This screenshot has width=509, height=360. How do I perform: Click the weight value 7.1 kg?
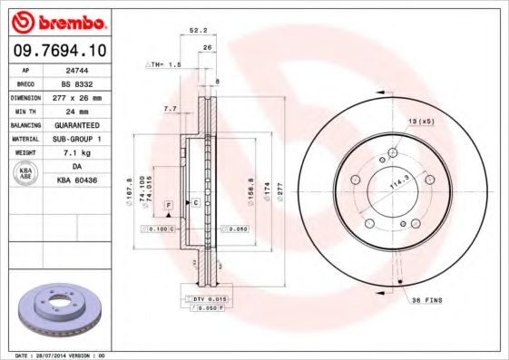pyautogui.click(x=76, y=152)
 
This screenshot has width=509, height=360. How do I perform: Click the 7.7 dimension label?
pyautogui.click(x=169, y=109)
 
